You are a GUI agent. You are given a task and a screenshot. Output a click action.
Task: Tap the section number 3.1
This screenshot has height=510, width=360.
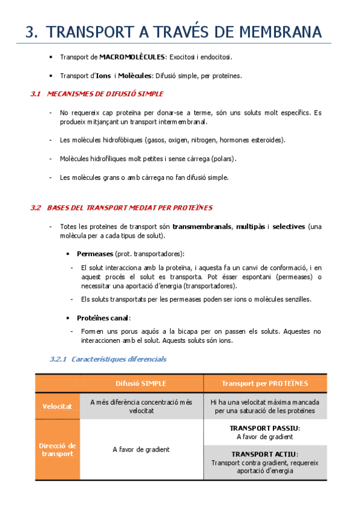pos(35,94)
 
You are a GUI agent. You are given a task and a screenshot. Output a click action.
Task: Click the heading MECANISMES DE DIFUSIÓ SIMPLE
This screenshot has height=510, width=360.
pos(105,94)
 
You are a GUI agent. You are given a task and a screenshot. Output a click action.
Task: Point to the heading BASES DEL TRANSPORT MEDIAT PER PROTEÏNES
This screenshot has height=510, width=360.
pos(129,207)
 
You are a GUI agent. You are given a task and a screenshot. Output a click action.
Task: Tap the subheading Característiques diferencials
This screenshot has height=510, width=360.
pos(118,359)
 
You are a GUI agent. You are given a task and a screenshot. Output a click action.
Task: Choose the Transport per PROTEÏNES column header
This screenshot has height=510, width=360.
pos(265,383)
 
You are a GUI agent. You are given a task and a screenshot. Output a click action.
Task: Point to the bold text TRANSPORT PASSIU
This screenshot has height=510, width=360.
pos(264,428)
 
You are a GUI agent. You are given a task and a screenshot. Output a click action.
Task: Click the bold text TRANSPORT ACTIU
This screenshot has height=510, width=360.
pos(264,454)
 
